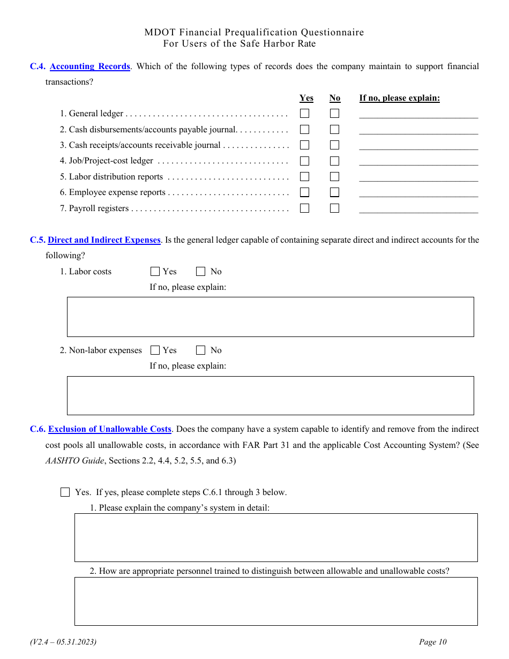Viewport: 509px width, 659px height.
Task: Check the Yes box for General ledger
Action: pos(304,114)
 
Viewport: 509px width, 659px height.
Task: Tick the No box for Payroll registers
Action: pos(334,208)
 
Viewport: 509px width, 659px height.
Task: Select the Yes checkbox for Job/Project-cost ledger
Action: pos(304,161)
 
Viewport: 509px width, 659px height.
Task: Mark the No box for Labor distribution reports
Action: pos(334,177)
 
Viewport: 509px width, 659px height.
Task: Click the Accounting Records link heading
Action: pos(89,66)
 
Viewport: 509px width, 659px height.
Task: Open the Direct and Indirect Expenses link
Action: pos(104,240)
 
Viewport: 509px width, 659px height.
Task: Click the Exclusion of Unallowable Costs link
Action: pos(110,429)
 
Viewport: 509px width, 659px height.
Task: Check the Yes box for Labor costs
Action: pos(155,272)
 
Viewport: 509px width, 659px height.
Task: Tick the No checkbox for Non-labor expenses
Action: pos(201,350)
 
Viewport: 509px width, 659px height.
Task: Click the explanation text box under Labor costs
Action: pos(270,317)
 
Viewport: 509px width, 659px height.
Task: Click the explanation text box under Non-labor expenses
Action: pos(270,395)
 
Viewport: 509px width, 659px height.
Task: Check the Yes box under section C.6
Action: pos(65,492)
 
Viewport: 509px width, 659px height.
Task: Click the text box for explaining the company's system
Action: pos(275,537)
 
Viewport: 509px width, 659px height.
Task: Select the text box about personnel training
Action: pos(275,601)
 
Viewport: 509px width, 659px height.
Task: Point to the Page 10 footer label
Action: pos(432,642)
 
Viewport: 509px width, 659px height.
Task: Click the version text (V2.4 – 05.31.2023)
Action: pos(63,642)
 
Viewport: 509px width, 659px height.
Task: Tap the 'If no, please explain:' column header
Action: pos(399,98)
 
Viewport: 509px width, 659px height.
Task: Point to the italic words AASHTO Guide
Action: pos(74,460)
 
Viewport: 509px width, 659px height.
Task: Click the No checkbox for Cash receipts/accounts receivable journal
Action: pos(334,145)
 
